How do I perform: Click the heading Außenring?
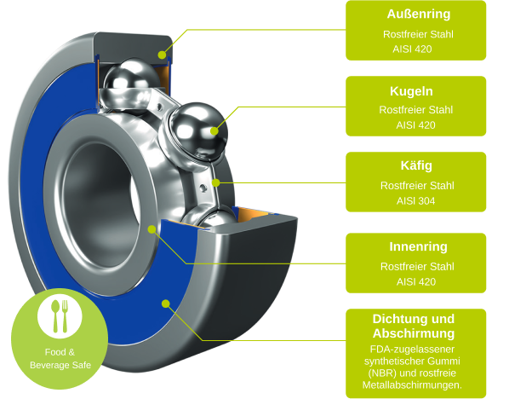(419, 14)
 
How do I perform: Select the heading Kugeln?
(411, 91)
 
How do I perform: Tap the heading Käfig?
(416, 165)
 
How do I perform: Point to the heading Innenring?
(418, 246)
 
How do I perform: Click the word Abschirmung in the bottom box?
(414, 333)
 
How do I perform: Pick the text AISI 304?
(415, 201)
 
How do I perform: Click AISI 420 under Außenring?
(412, 49)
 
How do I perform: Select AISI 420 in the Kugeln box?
(415, 124)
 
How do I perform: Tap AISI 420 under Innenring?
(416, 281)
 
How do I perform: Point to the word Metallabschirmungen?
(412, 385)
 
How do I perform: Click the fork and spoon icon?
(60, 315)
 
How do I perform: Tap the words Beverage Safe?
(60, 365)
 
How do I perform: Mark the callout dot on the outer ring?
(162, 55)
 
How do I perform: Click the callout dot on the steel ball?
(214, 131)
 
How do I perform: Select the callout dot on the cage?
(216, 183)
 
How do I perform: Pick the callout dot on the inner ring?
(152, 229)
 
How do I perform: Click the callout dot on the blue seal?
(166, 304)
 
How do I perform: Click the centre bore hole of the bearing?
(100, 205)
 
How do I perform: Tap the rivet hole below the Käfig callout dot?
(203, 188)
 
